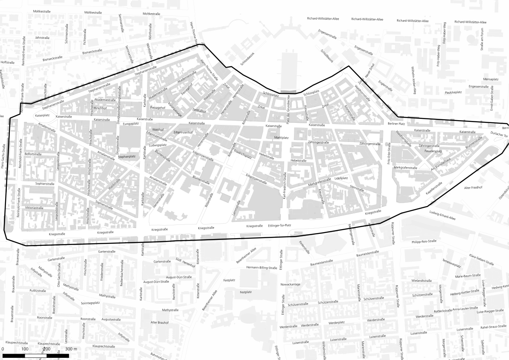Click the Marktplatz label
(282, 138)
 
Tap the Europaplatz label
(131, 124)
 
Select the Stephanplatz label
(127, 156)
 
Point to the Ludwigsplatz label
(158, 145)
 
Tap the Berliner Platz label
(396, 124)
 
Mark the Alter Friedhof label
(473, 188)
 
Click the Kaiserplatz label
(43, 115)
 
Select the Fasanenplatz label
(433, 151)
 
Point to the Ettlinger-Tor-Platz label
(280, 225)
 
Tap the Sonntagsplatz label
(90, 302)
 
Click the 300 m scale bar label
(71, 349)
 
